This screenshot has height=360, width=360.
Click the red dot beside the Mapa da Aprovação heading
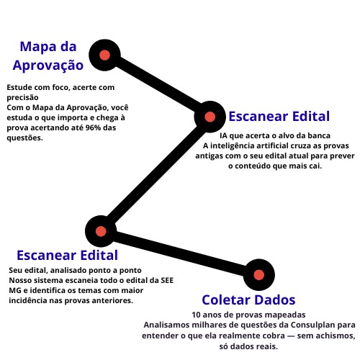104,55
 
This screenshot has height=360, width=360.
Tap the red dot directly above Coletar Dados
258,274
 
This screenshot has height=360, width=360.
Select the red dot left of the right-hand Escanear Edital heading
210,117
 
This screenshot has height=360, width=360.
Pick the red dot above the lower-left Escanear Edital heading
101,231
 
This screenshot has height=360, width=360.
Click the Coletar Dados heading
248,300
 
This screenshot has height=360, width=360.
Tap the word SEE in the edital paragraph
167,280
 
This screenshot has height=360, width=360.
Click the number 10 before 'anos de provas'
197,315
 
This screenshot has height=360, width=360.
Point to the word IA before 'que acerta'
223,135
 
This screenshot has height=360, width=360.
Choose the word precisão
22,97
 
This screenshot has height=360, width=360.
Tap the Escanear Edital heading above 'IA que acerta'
279,117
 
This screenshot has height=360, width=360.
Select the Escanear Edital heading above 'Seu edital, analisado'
67,255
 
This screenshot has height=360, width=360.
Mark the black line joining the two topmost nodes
157,86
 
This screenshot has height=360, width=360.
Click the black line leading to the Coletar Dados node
180,253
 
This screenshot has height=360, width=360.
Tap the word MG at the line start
15,290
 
